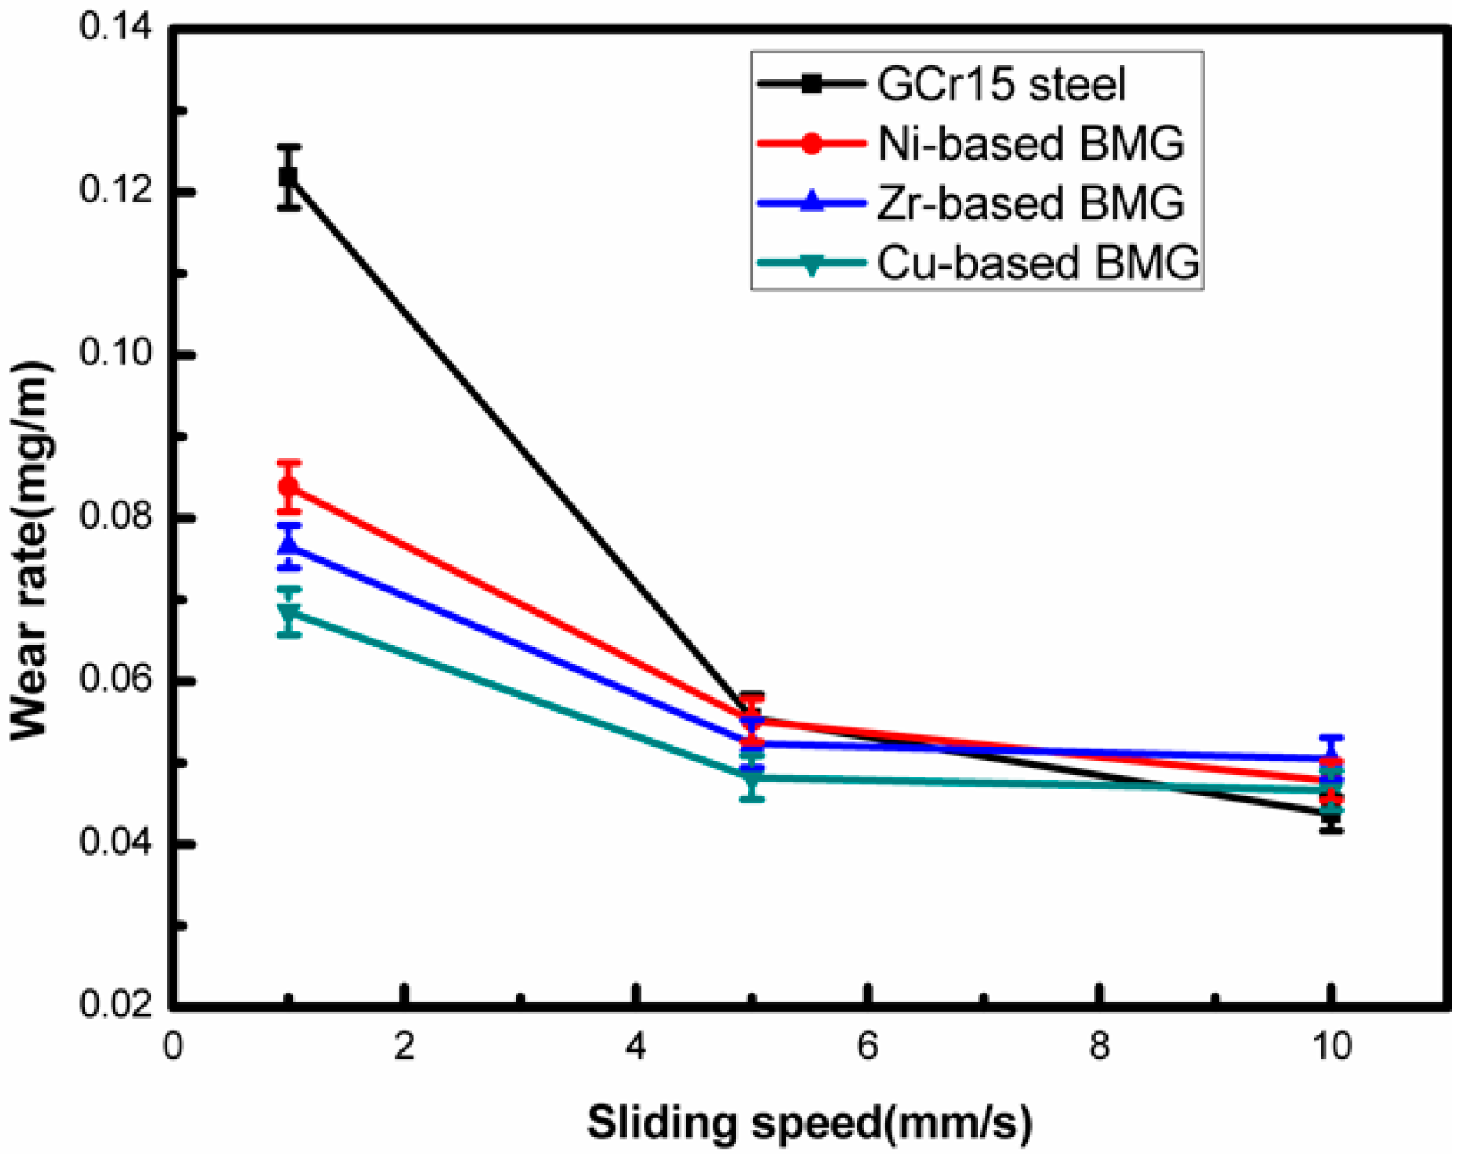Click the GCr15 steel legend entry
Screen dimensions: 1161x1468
tap(1001, 85)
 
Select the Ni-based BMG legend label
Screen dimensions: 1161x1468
tap(1030, 144)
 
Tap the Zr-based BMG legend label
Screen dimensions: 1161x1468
tap(1030, 203)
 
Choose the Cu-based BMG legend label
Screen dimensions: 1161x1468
tap(1038, 263)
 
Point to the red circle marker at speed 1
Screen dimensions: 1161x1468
tap(289, 487)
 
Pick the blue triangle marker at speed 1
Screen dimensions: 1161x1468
tap(289, 546)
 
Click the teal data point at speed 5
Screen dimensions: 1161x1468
tap(752, 778)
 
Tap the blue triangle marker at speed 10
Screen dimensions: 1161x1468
tap(1331, 757)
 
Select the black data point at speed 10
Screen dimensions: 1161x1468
tap(1331, 815)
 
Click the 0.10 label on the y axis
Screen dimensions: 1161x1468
tap(114, 353)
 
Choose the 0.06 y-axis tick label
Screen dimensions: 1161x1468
tap(114, 680)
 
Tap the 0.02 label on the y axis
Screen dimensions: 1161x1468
tap(114, 1005)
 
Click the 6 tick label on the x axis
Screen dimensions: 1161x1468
tap(867, 1046)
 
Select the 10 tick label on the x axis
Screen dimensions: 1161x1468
tap(1331, 1046)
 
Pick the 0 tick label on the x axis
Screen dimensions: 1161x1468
tap(173, 1046)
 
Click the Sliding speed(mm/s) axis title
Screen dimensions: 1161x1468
tap(809, 1123)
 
